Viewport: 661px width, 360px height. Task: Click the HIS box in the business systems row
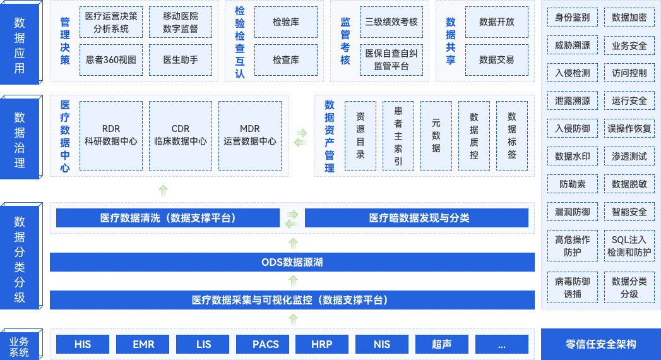point(83,344)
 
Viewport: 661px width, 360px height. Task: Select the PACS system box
point(266,344)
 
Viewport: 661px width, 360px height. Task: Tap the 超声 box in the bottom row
point(442,344)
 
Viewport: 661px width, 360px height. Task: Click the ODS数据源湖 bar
point(292,262)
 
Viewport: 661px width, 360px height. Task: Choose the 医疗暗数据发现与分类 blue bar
point(416,219)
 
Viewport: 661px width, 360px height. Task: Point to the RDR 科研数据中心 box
point(111,135)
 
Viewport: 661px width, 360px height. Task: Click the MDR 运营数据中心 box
point(250,135)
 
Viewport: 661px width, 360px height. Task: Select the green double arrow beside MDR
point(301,137)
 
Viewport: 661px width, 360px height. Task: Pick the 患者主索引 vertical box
point(398,135)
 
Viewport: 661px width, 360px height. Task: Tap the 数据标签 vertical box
point(512,135)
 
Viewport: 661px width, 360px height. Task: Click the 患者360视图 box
point(111,60)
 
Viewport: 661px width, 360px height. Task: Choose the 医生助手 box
point(181,60)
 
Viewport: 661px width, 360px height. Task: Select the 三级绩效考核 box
point(391,22)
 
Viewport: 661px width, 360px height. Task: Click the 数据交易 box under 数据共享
point(497,60)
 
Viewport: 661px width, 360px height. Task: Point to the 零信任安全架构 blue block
point(601,344)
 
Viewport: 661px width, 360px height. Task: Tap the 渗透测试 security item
point(629,156)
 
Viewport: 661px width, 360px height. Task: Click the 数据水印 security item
point(573,156)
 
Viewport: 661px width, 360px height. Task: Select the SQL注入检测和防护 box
point(629,246)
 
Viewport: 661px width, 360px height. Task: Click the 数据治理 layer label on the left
point(20,138)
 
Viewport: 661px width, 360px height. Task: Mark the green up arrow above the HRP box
point(292,320)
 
